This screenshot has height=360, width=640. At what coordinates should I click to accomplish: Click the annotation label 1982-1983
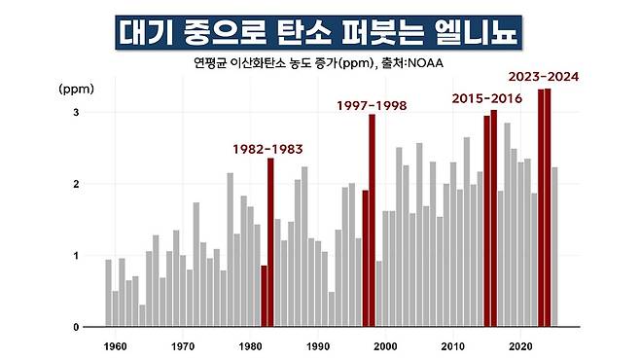pyautogui.click(x=267, y=150)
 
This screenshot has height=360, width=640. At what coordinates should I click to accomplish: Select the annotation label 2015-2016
pyautogui.click(x=485, y=99)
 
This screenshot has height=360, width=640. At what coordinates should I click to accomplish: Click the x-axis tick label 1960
pyautogui.click(x=115, y=346)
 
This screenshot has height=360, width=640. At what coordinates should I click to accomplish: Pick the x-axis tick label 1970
pyautogui.click(x=182, y=346)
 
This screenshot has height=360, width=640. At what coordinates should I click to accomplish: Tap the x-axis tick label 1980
pyautogui.click(x=250, y=346)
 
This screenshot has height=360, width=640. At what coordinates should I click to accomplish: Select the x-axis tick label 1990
pyautogui.click(x=317, y=346)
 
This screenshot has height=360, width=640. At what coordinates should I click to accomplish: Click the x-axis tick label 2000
pyautogui.click(x=385, y=346)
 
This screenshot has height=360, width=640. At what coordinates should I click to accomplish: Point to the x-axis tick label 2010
pyautogui.click(x=453, y=346)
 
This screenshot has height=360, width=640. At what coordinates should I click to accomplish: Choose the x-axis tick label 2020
pyautogui.click(x=520, y=346)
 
